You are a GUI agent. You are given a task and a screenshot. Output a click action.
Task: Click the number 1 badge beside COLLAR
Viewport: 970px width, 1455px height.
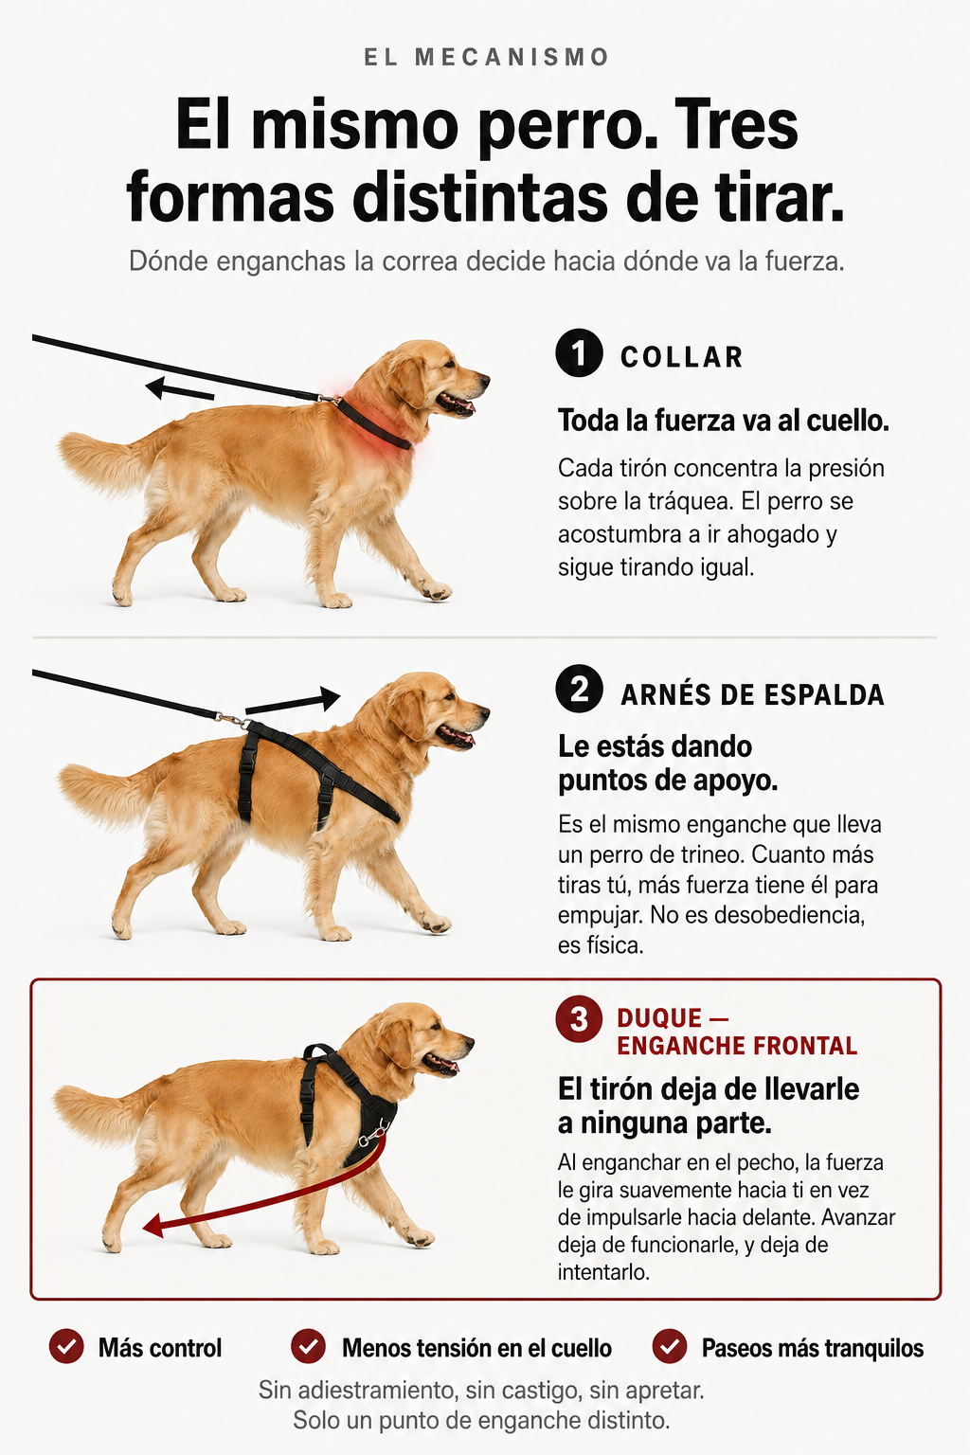(x=579, y=353)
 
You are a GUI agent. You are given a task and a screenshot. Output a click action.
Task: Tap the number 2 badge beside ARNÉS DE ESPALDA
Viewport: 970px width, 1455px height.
(x=579, y=689)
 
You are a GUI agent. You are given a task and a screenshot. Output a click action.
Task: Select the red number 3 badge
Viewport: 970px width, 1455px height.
(x=579, y=1018)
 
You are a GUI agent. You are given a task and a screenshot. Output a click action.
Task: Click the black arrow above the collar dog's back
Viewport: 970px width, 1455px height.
(x=179, y=389)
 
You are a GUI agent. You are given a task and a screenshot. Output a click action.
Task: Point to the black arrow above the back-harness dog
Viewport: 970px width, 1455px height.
(x=293, y=702)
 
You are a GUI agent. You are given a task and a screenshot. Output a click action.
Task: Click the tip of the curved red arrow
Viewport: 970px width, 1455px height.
(x=144, y=1227)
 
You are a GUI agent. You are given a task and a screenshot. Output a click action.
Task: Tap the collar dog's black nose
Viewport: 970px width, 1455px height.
(x=484, y=377)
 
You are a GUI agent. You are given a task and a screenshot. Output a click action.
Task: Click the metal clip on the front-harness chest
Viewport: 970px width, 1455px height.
(x=373, y=1136)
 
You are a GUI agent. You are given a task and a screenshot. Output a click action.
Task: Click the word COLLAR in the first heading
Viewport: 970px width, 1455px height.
(x=681, y=357)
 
